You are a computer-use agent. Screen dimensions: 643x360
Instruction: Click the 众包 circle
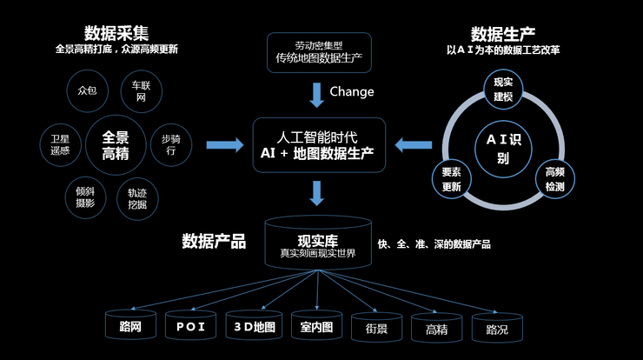(x=88, y=90)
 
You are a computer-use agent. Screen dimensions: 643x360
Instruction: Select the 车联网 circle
(x=141, y=91)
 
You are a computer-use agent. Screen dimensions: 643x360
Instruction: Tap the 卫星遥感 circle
(x=60, y=145)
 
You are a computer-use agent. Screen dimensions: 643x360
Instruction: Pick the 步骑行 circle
(x=171, y=145)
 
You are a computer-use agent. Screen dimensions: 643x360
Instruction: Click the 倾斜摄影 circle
(x=85, y=197)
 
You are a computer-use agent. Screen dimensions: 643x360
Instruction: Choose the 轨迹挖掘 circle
(x=137, y=198)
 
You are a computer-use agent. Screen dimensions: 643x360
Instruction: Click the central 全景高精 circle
(x=116, y=145)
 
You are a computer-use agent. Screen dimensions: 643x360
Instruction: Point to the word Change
(x=352, y=91)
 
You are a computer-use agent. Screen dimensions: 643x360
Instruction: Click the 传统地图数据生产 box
(x=319, y=52)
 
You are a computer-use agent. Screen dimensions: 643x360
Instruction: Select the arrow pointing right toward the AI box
(x=225, y=145)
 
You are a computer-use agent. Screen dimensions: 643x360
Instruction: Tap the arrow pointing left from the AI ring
(x=414, y=145)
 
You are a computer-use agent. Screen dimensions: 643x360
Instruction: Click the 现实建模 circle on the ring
(x=503, y=89)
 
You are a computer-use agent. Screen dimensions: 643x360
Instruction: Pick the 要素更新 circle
(x=452, y=179)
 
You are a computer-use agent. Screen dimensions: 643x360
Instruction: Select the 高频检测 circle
(x=555, y=179)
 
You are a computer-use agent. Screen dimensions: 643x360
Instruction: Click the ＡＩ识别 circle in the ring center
(x=503, y=149)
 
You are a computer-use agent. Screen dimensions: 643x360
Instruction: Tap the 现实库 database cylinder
(x=318, y=243)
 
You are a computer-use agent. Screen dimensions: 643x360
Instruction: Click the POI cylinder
(x=190, y=325)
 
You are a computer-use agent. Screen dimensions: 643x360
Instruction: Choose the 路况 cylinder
(x=497, y=328)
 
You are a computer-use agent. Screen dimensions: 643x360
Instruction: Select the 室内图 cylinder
(x=316, y=325)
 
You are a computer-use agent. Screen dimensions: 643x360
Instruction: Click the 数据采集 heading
(x=116, y=33)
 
